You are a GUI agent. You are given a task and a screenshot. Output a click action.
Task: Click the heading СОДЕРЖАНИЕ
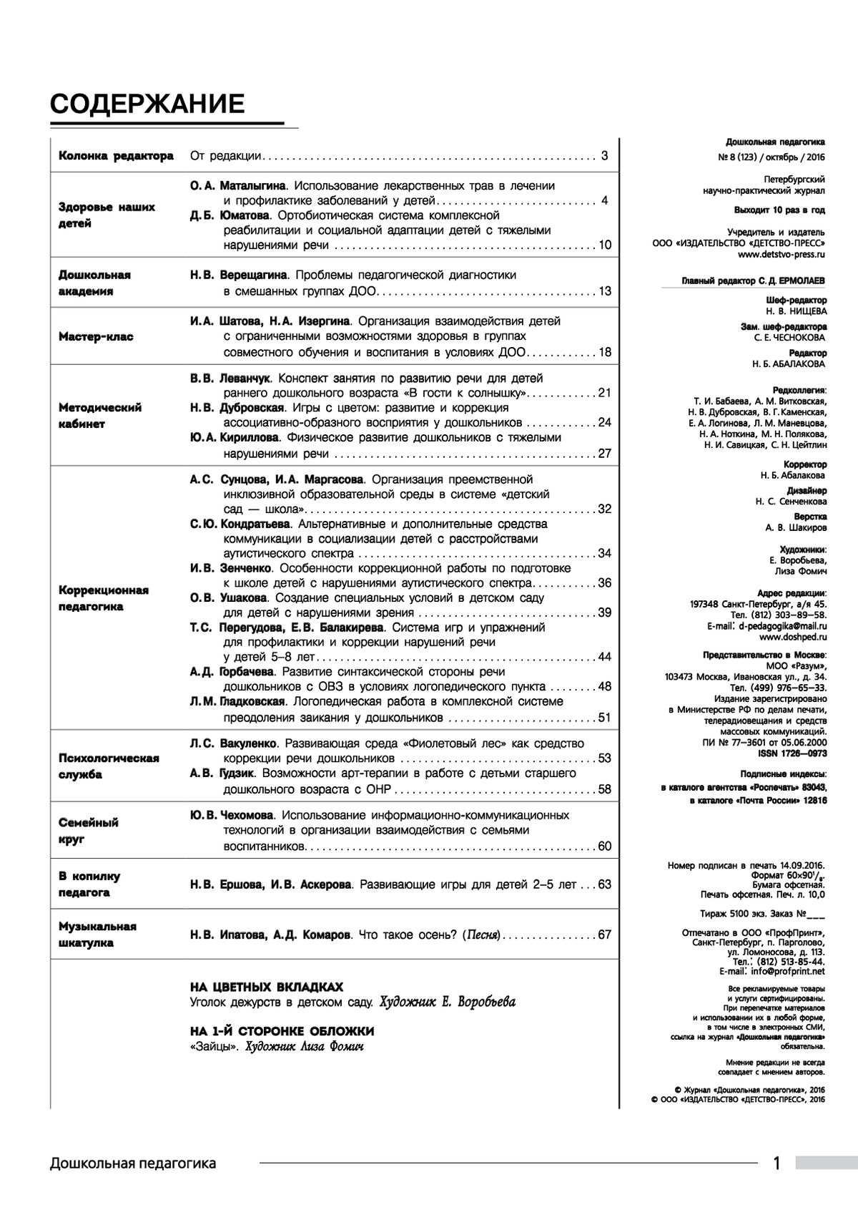click(147, 104)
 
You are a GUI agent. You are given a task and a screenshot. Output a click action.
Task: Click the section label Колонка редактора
click(116, 156)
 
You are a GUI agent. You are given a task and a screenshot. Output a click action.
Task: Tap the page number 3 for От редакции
click(604, 156)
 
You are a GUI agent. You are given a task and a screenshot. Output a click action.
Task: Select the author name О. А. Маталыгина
click(238, 185)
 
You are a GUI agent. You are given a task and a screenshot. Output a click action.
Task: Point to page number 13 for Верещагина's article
click(605, 291)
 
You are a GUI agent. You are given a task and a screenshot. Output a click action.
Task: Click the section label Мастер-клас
click(96, 337)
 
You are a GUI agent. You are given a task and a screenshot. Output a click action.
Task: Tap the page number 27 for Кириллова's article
click(605, 453)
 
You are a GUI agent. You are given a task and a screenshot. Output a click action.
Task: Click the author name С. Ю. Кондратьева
click(240, 524)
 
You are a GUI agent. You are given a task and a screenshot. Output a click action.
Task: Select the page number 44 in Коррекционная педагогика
click(605, 657)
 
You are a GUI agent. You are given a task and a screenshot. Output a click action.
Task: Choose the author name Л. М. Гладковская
click(238, 702)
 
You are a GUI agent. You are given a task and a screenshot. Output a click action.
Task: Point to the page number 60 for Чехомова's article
click(605, 846)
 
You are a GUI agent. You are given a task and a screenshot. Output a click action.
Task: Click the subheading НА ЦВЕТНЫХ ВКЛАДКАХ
click(266, 986)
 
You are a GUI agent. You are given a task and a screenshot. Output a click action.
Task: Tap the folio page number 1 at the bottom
click(777, 1163)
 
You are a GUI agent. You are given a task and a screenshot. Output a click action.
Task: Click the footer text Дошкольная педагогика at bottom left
click(133, 1163)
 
